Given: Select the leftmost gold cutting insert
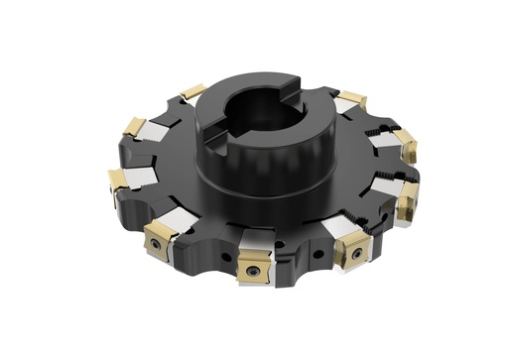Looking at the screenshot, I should pyautogui.click(x=118, y=180).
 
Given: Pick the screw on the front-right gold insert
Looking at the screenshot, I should pyautogui.click(x=354, y=255).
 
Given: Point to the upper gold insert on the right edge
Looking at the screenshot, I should pyautogui.click(x=405, y=146).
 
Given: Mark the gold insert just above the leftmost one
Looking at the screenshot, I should pyautogui.click(x=132, y=126).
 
